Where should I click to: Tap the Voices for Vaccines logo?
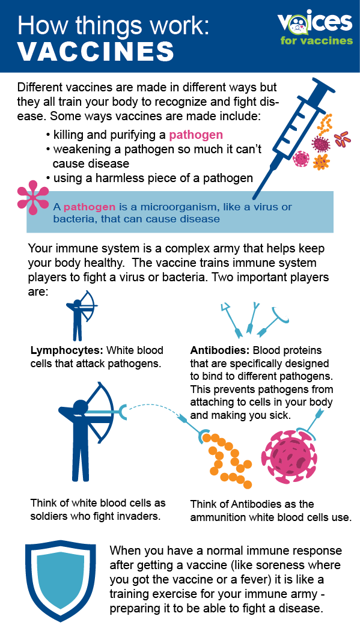point(314,28)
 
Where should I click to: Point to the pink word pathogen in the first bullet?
point(196,135)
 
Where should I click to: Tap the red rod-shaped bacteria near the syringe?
point(343,139)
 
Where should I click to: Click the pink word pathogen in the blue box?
point(90,207)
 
